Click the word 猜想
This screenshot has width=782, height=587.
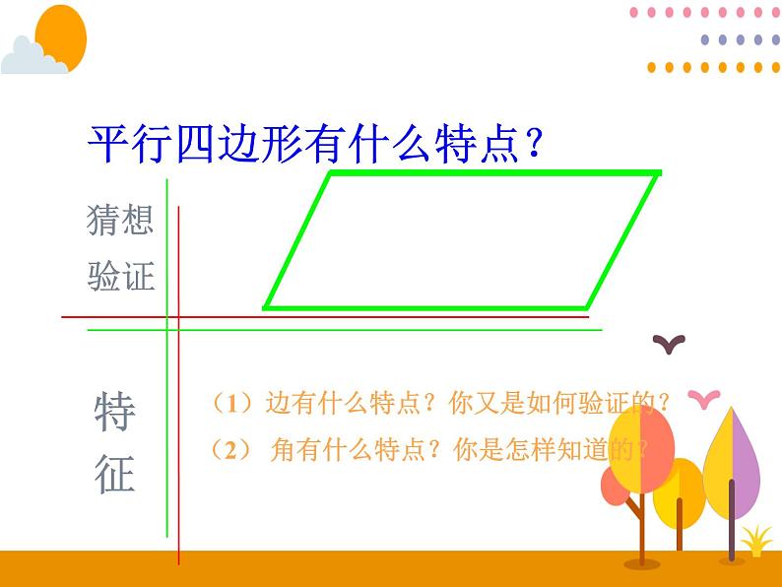pos(120,219)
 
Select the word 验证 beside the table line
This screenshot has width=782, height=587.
pos(120,276)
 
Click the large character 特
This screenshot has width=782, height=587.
pos(115,413)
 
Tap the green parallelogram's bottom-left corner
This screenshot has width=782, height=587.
pos(266,306)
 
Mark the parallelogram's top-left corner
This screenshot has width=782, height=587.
pos(330,174)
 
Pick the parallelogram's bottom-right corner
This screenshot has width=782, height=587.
pos(590,306)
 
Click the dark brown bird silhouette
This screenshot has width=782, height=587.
pos(670,343)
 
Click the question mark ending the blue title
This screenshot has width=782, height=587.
pos(533,147)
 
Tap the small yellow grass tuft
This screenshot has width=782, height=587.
pos(756,540)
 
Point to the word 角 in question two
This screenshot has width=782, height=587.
pos(281,450)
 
